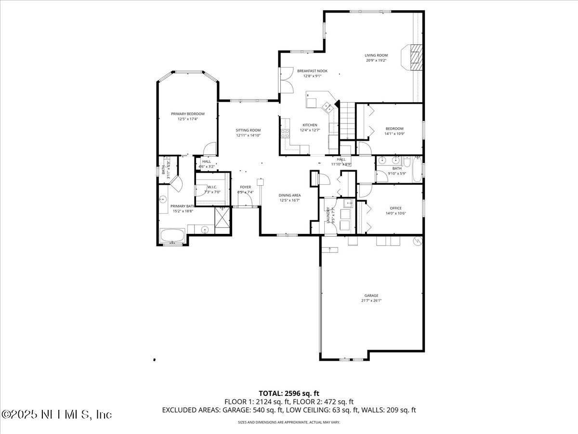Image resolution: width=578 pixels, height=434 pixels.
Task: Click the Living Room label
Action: (x=376, y=55)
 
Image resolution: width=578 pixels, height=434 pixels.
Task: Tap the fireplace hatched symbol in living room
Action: (x=415, y=57)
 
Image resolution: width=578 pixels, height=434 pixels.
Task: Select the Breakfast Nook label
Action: (x=312, y=71)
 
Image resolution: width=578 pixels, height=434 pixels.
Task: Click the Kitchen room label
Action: (x=309, y=125)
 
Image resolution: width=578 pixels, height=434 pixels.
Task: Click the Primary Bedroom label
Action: (x=188, y=114)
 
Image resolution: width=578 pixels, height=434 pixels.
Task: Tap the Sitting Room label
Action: (x=248, y=130)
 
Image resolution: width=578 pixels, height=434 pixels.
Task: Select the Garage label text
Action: (x=371, y=296)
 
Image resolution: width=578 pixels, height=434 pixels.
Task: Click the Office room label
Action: (x=395, y=208)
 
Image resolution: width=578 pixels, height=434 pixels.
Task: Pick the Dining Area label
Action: (x=289, y=195)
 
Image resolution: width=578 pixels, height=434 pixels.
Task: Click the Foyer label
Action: (x=246, y=187)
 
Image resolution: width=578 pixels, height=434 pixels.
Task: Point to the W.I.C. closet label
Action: (x=212, y=187)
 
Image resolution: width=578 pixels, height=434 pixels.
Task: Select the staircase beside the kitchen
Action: (x=347, y=120)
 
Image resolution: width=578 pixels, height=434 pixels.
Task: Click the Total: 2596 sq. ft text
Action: (x=289, y=393)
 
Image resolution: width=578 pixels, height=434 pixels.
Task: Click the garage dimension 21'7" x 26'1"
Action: (x=371, y=300)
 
